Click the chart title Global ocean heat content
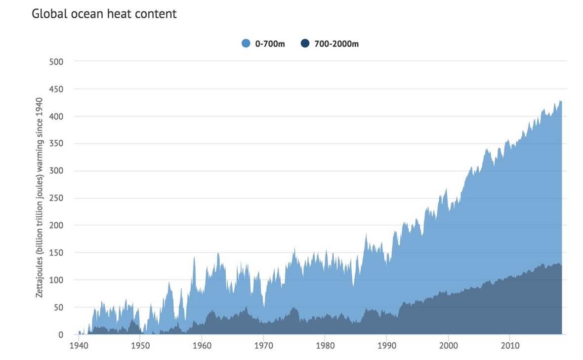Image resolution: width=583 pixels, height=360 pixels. pyautogui.click(x=104, y=14)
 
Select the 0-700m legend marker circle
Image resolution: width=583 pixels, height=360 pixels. pyautogui.click(x=246, y=44)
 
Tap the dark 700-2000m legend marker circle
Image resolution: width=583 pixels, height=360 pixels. pyautogui.click(x=305, y=44)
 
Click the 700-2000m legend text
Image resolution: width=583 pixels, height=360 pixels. pyautogui.click(x=336, y=44)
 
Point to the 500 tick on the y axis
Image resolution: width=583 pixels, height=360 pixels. pyautogui.click(x=57, y=62)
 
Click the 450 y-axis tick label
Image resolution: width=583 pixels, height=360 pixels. pyautogui.click(x=57, y=89)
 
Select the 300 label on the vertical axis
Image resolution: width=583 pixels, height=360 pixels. pyautogui.click(x=57, y=171)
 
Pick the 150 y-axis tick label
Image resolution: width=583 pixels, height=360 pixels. pyautogui.click(x=57, y=253)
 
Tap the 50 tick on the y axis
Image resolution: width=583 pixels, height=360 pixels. pyautogui.click(x=59, y=307)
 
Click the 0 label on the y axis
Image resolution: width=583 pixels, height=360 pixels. pyautogui.click(x=61, y=335)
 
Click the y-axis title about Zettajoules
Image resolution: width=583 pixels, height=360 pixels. pyautogui.click(x=40, y=198)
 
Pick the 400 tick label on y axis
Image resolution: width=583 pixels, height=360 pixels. pyautogui.click(x=57, y=117)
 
